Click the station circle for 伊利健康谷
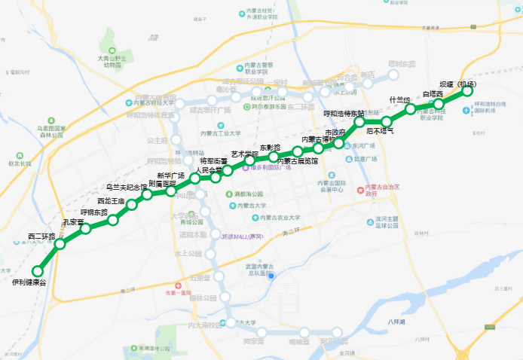pyautogui.click(x=37, y=271)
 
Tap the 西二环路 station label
pyautogui.click(x=42, y=236)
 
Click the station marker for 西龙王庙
pyautogui.click(x=132, y=205)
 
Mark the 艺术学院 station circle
pyautogui.click(x=249, y=160)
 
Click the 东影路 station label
pyautogui.click(x=270, y=148)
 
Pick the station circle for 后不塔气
pyautogui.click(x=387, y=121)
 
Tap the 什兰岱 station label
pyautogui.click(x=399, y=99)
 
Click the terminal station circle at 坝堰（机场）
pyautogui.click(x=467, y=91)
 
